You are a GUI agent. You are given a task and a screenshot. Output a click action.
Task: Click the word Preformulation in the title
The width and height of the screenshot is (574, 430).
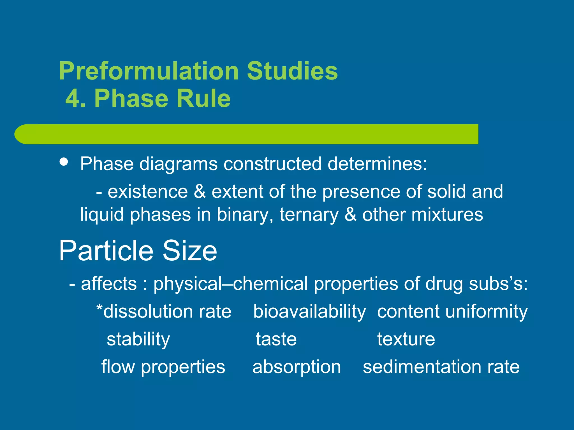pyautogui.click(x=149, y=71)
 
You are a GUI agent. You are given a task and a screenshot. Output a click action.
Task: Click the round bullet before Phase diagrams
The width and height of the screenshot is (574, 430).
pyautogui.click(x=64, y=162)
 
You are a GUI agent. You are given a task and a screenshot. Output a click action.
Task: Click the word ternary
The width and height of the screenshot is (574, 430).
pyautogui.click(x=309, y=215)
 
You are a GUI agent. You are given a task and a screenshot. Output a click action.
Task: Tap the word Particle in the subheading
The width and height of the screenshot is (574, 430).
pyautogui.click(x=106, y=250)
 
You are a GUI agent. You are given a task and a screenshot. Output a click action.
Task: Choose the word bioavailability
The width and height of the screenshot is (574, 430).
pyautogui.click(x=309, y=312)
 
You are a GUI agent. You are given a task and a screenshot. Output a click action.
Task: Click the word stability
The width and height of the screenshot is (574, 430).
pyautogui.click(x=138, y=339)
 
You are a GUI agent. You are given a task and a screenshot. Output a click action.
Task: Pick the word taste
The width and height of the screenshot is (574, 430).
pyautogui.click(x=276, y=339)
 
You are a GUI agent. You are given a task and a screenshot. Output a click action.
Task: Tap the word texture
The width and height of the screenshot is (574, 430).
pyautogui.click(x=406, y=339)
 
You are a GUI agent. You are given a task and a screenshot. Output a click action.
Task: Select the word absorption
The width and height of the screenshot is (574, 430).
pyautogui.click(x=297, y=367)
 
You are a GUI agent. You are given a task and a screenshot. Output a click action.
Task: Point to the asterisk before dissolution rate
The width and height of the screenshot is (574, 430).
pyautogui.click(x=99, y=308)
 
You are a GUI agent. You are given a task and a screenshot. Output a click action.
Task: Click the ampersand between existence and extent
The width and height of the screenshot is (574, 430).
pyautogui.click(x=200, y=192)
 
